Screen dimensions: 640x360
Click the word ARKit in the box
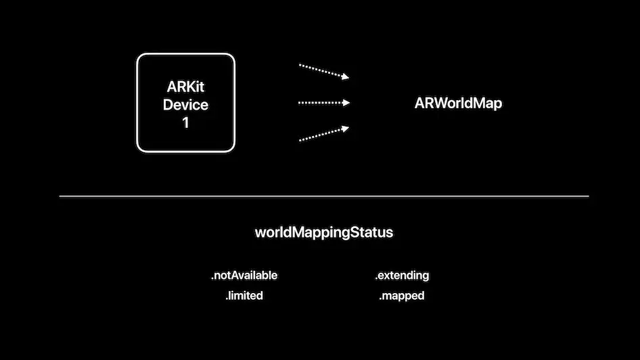[x=185, y=87]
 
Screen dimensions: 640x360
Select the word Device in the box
[x=185, y=105]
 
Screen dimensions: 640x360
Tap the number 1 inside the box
[x=185, y=123]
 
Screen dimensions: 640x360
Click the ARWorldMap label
[x=458, y=104]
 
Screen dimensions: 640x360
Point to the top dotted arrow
[x=323, y=71]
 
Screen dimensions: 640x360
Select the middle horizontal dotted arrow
[x=323, y=103]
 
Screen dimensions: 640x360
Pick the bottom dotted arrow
[x=323, y=134]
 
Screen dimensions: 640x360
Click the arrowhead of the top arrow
[x=346, y=77]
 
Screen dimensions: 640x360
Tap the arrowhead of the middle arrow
[x=346, y=103]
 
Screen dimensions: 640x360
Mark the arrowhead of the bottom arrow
[x=346, y=128]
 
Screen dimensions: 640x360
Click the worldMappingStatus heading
[x=323, y=233]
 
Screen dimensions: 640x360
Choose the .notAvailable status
[x=244, y=275]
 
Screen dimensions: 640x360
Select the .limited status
[x=244, y=296]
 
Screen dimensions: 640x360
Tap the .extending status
[x=402, y=275]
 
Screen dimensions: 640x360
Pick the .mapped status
[x=402, y=296]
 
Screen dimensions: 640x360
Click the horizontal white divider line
[x=323, y=196]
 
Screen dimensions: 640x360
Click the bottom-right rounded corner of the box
[x=231, y=148]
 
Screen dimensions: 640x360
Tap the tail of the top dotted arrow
[x=300, y=66]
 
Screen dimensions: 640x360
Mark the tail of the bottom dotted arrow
[x=300, y=140]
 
